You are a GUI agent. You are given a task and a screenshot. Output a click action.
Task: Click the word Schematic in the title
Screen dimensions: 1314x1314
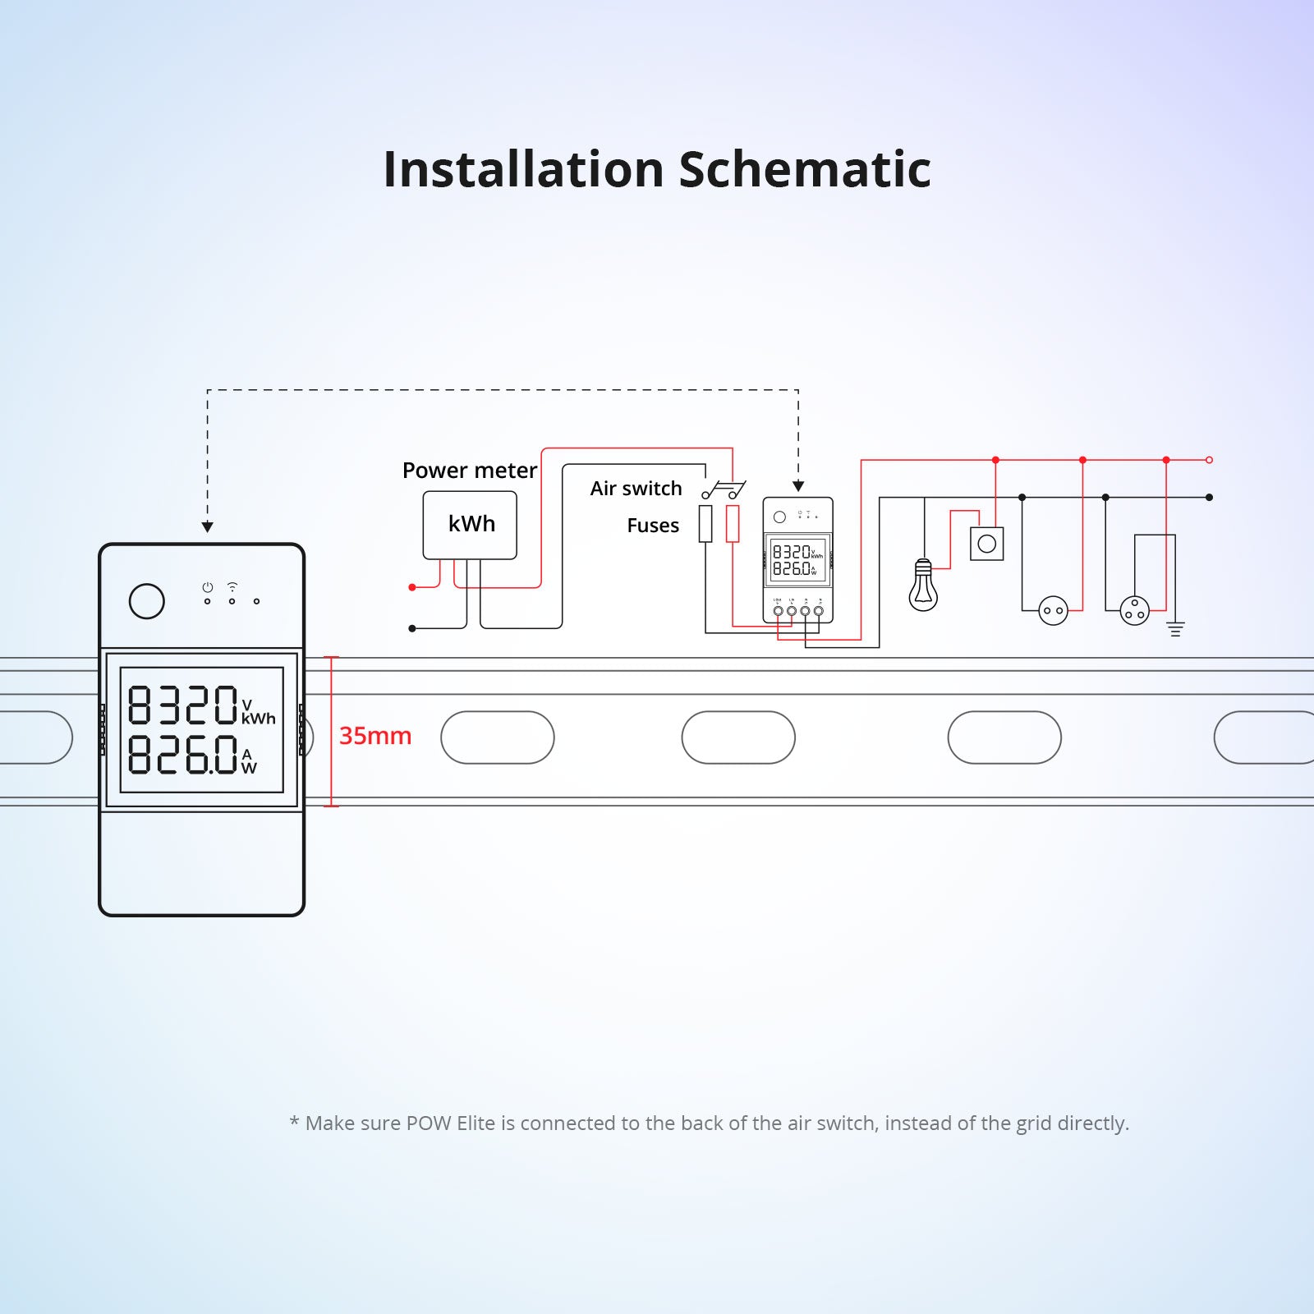coord(805,169)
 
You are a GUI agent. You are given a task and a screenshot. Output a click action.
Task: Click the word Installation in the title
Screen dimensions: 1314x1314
coord(523,169)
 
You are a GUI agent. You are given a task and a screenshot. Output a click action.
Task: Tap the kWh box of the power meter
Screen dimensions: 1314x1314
coord(470,525)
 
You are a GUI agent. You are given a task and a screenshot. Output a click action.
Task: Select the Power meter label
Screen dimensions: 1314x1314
coord(469,470)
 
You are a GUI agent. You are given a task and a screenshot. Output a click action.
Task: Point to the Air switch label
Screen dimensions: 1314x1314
coord(636,489)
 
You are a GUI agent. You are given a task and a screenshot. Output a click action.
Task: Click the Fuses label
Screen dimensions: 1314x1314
coord(653,526)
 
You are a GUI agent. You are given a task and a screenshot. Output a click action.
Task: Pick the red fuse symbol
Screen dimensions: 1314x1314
coord(733,524)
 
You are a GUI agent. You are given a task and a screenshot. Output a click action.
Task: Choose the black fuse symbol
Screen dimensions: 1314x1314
coord(705,524)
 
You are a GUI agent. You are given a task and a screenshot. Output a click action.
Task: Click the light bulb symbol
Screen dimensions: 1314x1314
coord(923,586)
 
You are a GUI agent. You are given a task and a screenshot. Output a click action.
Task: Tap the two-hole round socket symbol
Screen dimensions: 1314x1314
coord(1053,610)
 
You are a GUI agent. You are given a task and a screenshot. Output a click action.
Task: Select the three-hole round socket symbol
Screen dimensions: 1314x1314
coord(1134,610)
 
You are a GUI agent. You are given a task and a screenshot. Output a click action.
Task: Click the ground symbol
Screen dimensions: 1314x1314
coord(1175,629)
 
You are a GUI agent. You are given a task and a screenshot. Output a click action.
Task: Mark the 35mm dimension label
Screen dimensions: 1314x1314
coord(375,736)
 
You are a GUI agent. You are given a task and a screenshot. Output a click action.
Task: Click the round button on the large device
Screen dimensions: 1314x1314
coord(147,601)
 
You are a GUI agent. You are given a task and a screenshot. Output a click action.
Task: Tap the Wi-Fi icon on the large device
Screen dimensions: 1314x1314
coord(232,587)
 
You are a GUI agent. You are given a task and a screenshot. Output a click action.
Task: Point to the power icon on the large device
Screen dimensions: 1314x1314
coord(208,587)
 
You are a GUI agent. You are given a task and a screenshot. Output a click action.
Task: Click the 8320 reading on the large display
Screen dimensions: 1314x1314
coord(182,705)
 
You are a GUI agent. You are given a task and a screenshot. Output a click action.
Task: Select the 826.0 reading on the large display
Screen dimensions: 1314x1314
coord(182,754)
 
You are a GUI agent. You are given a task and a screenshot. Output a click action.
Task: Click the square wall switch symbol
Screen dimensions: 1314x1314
coord(987,544)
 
